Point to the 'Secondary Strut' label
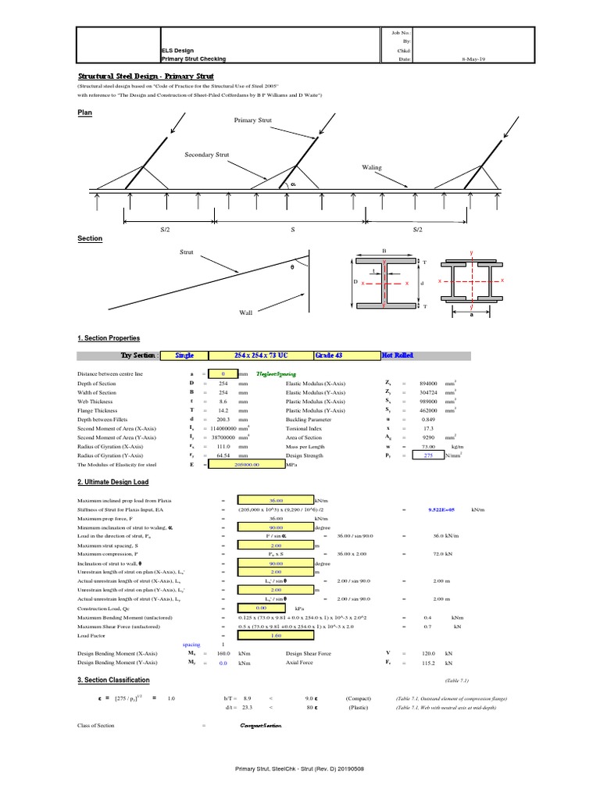click(206, 155)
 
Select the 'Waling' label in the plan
click(371, 167)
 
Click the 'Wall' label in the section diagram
click(246, 312)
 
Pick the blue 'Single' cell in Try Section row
click(184, 355)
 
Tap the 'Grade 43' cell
click(329, 355)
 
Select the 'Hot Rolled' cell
click(398, 355)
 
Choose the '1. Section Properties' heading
click(109, 338)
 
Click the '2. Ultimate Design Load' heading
click(112, 482)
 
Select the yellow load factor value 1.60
click(266, 635)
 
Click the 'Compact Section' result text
click(261, 727)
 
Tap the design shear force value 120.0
click(429, 653)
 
